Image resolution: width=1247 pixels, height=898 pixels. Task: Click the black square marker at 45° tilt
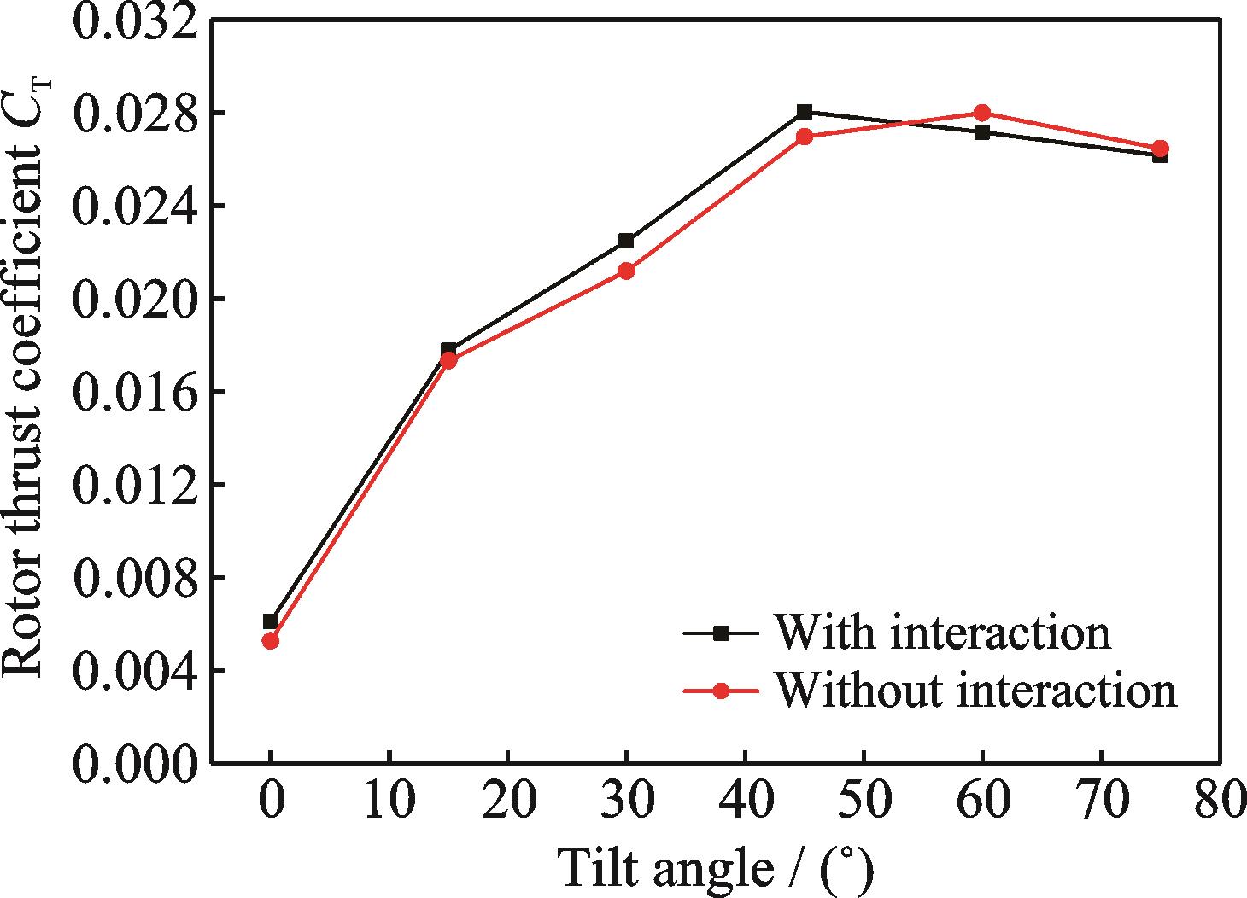[x=805, y=112]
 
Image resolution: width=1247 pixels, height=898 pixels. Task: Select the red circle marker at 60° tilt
[x=982, y=113]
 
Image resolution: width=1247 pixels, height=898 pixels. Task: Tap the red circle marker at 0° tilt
[x=271, y=640]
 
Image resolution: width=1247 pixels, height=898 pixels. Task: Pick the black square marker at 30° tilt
[x=626, y=241]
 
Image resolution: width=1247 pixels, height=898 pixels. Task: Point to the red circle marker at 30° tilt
[x=626, y=271]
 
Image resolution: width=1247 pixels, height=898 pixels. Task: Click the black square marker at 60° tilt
[x=982, y=132]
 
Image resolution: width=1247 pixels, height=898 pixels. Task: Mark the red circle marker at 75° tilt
[x=1160, y=149]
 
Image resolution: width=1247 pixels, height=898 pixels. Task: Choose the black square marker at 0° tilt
[x=271, y=621]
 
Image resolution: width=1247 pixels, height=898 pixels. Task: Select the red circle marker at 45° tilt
[x=805, y=137]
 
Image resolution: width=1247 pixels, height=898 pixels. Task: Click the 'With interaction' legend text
[x=942, y=633]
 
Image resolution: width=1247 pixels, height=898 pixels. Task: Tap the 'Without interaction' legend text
[x=975, y=690]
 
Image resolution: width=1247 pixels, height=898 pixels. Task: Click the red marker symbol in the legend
[x=721, y=691]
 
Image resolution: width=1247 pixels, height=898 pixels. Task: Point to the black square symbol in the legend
[x=721, y=633]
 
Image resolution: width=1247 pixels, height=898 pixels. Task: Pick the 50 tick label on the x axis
[x=864, y=802]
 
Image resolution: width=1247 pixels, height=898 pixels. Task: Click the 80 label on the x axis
[x=1218, y=802]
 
